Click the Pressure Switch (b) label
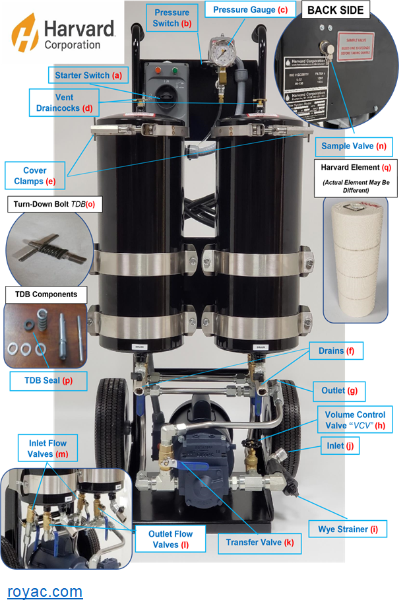(172, 18)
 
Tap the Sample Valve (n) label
(353, 145)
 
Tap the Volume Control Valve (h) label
(355, 421)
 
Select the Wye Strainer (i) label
(347, 529)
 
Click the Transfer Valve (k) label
(259, 543)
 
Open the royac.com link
(45, 591)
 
